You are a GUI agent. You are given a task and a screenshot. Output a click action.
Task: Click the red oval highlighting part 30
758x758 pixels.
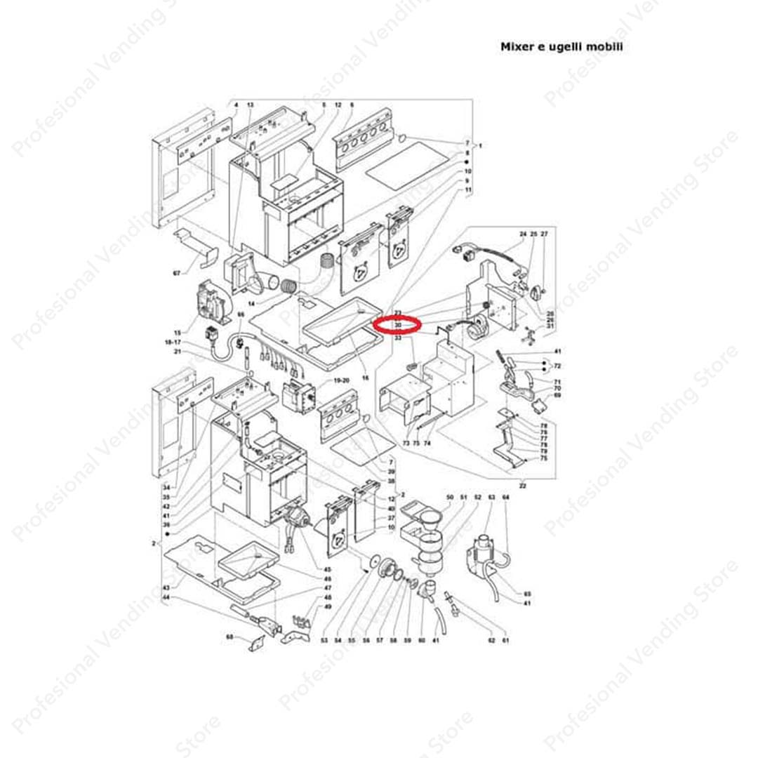point(397,325)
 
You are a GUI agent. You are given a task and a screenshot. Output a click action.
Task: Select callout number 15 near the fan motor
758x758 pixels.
point(178,332)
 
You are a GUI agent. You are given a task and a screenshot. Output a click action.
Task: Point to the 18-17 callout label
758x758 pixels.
point(173,341)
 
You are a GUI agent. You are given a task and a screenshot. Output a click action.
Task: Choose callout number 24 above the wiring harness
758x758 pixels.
point(522,233)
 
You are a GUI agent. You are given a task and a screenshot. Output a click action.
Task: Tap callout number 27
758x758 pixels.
point(544,233)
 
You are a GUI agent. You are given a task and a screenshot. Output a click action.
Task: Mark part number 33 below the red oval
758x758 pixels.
point(398,338)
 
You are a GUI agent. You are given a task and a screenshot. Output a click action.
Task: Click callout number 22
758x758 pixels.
point(522,486)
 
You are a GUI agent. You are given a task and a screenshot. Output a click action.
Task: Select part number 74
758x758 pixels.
point(427,444)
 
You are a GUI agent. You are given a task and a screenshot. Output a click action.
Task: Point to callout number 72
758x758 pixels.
point(557,366)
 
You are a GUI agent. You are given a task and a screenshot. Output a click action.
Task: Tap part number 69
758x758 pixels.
point(557,395)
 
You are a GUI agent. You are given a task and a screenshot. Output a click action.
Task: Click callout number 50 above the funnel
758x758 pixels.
point(450,498)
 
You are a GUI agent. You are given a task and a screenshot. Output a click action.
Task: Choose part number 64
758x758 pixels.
point(505,498)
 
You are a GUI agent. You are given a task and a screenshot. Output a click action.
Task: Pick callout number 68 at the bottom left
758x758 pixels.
point(229,637)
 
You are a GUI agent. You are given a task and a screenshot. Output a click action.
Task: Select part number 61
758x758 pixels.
point(505,641)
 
